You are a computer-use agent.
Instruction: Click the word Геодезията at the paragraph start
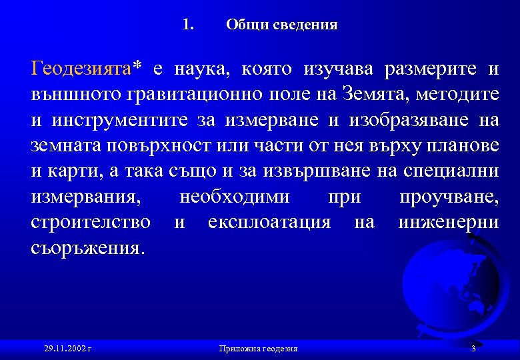click(x=81, y=69)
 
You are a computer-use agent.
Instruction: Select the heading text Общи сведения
click(x=281, y=25)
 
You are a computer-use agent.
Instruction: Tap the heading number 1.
click(x=187, y=25)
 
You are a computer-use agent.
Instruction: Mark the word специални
click(x=451, y=171)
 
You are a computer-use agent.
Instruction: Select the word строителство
click(x=91, y=222)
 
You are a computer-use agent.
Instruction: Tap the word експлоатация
click(x=269, y=222)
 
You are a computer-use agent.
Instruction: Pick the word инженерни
click(x=448, y=222)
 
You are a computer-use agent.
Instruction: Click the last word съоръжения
click(x=86, y=248)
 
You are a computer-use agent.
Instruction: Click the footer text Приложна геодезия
click(x=258, y=349)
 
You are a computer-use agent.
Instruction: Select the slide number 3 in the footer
click(x=473, y=349)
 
